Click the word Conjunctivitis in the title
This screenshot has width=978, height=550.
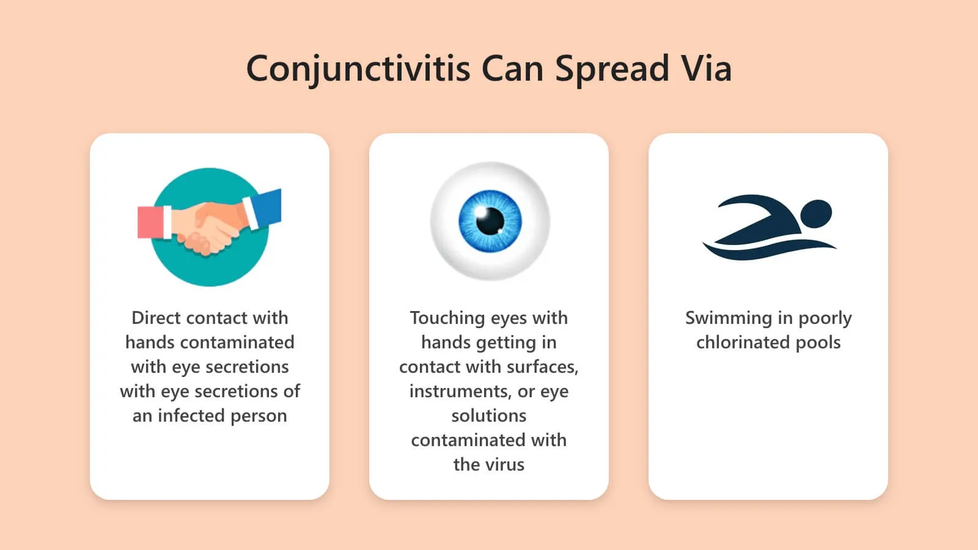click(358, 69)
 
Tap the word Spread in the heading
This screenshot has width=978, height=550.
click(612, 69)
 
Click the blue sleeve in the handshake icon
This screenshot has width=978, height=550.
click(263, 208)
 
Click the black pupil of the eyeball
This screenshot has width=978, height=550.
click(490, 221)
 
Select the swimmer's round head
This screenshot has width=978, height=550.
click(816, 214)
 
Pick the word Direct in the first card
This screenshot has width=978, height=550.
click(156, 318)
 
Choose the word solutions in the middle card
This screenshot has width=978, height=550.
click(489, 416)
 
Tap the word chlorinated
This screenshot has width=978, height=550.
click(743, 342)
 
